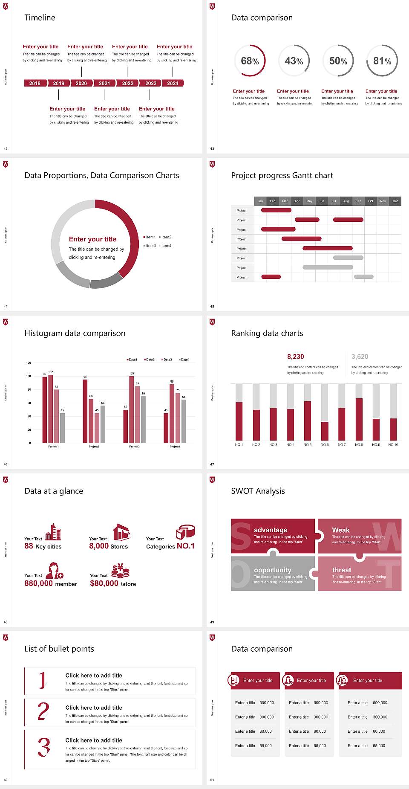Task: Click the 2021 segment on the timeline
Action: coord(104,83)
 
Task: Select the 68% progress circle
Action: coord(250,61)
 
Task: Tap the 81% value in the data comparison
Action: coord(382,61)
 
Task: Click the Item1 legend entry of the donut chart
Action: coord(150,237)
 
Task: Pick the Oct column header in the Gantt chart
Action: coord(371,201)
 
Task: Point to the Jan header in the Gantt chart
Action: coord(260,201)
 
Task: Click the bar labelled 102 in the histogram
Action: coord(51,409)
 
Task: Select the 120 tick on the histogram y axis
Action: coord(29,363)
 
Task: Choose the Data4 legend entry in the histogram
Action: coord(184,360)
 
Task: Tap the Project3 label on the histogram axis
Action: coord(134,447)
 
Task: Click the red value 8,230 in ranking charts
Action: coord(296,357)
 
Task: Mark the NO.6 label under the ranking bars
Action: coord(325,444)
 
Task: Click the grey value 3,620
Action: coord(360,357)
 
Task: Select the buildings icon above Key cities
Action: coord(53,532)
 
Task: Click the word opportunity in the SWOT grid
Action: coord(273,570)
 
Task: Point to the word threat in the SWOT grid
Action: coord(342,570)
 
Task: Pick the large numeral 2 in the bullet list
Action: coord(43,711)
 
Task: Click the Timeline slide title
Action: coord(40,17)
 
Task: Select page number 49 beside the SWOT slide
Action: coord(212,622)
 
